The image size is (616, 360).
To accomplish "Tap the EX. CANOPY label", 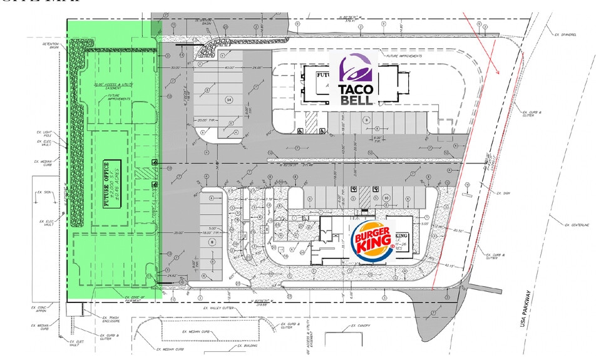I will point(361,326).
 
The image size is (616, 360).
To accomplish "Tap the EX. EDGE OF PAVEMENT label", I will point(134,299).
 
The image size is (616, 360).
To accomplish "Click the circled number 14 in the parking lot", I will point(229,100).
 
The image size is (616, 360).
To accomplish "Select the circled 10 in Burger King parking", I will point(386,198).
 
